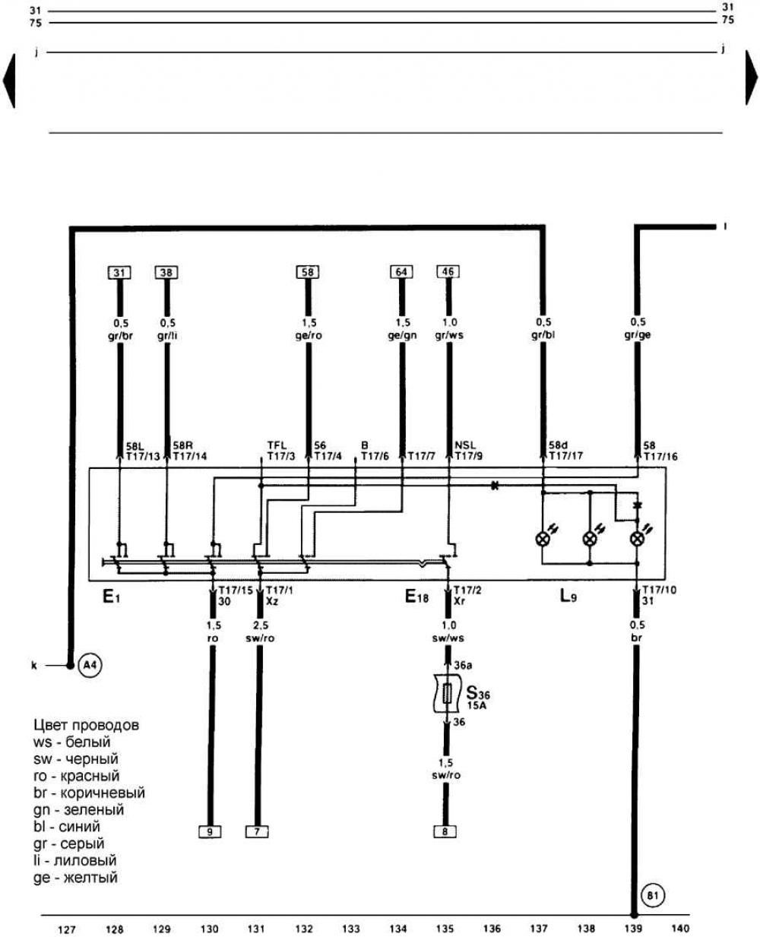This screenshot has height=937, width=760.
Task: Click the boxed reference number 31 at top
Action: point(119,272)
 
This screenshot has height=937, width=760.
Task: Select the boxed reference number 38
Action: point(166,272)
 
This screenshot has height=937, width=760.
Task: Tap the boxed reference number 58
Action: point(308,272)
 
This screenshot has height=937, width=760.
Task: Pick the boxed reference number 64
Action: point(401,272)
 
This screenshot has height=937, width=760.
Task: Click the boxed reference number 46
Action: point(448,272)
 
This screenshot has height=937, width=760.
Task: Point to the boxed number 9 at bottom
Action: point(209,831)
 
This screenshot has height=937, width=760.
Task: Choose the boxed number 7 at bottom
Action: point(257,831)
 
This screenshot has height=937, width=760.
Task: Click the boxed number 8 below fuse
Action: point(445,831)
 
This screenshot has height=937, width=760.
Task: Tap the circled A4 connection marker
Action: point(90,666)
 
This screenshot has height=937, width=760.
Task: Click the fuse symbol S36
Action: point(448,692)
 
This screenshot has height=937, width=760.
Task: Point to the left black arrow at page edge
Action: point(10,79)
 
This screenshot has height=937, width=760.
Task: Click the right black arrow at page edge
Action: point(751,79)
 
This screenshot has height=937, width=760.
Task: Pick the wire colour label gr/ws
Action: point(449,334)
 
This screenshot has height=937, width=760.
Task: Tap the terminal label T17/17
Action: point(565,457)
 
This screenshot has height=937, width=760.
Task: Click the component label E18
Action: point(416,597)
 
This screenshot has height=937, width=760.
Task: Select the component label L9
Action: point(568,597)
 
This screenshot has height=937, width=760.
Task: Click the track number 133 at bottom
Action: point(351,928)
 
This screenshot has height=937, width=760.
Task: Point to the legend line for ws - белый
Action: point(72,742)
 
